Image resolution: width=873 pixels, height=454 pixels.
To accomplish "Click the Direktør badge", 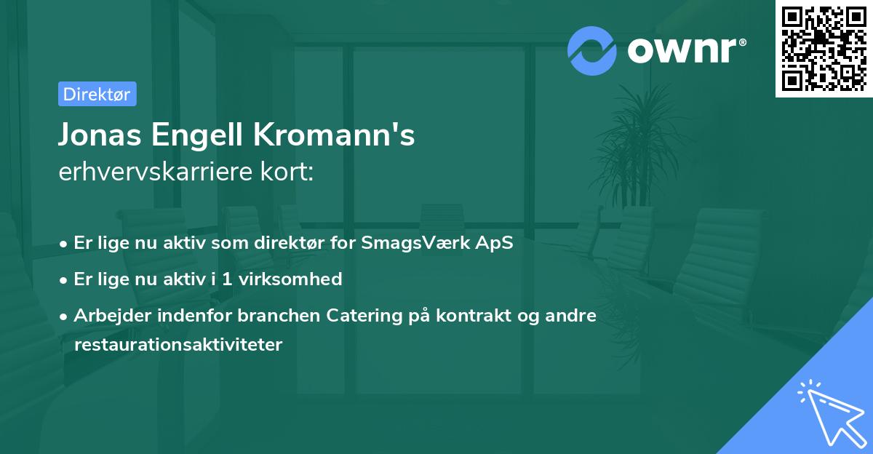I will [x=97, y=94].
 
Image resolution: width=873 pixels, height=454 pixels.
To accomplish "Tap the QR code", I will [x=824, y=48].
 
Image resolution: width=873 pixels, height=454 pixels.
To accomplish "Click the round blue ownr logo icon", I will [x=592, y=50].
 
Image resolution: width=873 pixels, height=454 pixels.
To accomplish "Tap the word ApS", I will [x=495, y=243].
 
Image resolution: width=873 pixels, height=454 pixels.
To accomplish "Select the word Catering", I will [x=364, y=316].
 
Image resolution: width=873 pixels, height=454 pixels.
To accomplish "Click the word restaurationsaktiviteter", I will [x=178, y=345].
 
